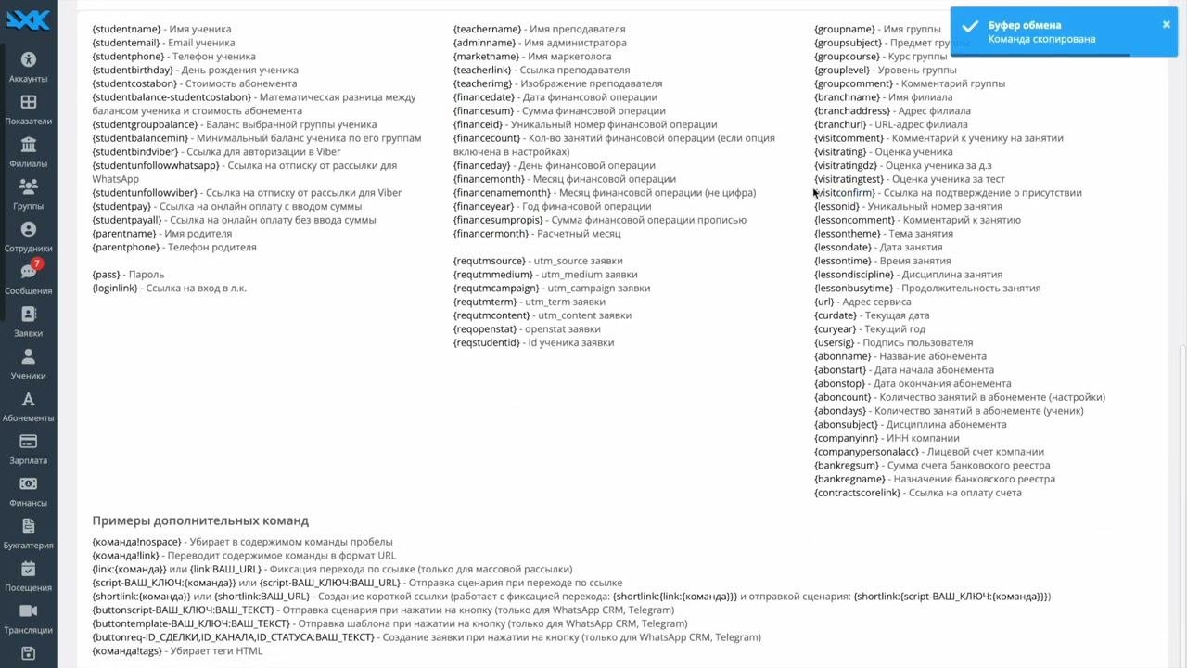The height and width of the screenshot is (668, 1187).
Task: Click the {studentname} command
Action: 126,29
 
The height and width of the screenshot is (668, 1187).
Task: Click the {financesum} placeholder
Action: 483,111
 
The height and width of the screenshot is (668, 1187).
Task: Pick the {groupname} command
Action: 845,29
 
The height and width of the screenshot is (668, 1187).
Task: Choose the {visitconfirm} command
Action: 845,193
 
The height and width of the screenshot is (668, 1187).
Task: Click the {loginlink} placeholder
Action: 116,289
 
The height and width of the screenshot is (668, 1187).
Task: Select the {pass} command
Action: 106,275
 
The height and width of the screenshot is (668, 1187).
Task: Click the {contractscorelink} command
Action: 857,493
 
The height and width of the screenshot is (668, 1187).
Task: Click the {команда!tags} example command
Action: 126,651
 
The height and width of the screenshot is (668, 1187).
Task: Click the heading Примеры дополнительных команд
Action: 200,520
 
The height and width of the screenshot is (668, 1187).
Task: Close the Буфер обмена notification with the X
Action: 1166,25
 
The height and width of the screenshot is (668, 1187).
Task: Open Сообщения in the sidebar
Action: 28,277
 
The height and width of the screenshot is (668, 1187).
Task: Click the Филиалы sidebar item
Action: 28,151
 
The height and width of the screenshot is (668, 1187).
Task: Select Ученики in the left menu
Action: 28,363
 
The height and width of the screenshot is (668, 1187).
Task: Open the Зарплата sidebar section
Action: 28,447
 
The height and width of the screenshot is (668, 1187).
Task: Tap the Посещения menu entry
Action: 28,574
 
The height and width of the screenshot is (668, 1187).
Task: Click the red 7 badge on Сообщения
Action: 37,263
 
